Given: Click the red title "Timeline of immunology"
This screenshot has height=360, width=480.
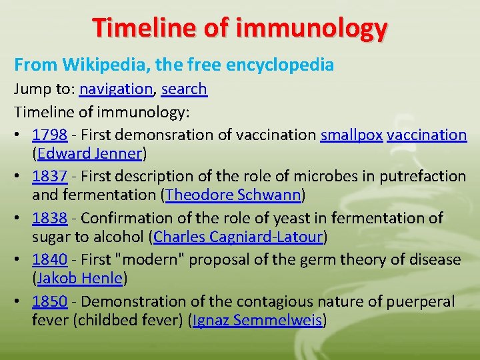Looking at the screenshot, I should coord(240,28).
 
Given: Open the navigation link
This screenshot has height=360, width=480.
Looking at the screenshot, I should coord(116,89).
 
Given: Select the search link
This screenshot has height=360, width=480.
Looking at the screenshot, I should coord(184,89).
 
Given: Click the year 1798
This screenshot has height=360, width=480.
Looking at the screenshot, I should coord(49,135).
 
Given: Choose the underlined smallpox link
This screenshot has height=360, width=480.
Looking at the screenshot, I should coord(351,135).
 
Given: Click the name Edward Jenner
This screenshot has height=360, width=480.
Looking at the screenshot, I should coord(90,154).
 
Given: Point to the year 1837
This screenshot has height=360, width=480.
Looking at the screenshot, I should coord(49,176).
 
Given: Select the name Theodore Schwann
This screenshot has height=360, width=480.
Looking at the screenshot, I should coord(234,195).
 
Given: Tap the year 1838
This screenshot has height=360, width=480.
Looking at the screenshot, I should coord(49,218).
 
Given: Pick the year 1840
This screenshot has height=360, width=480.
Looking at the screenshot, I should coord(49,259).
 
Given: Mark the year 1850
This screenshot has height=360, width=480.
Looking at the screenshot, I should coord(49,301).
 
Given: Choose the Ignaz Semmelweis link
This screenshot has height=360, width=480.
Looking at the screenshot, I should coord(257,321).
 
